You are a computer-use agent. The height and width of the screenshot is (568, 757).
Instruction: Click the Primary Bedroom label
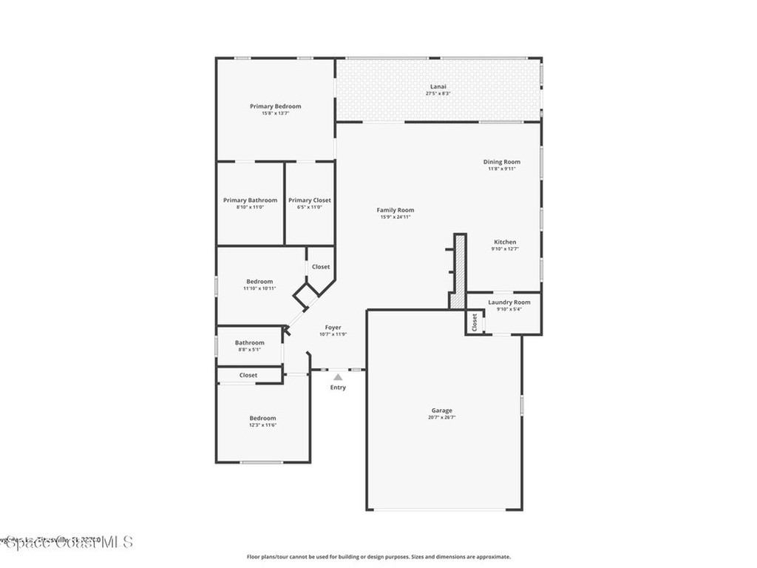tap(275, 106)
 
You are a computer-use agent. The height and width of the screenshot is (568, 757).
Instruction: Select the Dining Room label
tap(501, 162)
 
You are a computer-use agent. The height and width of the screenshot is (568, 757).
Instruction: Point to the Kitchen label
tap(505, 242)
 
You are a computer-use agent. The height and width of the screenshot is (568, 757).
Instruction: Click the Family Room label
tap(396, 210)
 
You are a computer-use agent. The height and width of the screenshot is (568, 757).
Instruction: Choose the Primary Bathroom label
tap(250, 200)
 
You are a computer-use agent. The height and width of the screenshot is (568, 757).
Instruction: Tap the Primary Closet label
tap(309, 200)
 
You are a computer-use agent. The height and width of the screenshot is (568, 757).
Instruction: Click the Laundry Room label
tap(509, 302)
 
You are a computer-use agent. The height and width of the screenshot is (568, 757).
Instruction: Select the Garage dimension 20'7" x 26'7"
tap(442, 417)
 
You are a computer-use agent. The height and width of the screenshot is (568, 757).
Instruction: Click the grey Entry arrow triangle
tap(338, 377)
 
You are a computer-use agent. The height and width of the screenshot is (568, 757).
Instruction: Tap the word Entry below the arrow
tap(338, 388)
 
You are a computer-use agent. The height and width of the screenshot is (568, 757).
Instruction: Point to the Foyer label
tap(333, 327)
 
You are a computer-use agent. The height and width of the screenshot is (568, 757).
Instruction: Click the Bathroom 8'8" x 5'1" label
tap(249, 342)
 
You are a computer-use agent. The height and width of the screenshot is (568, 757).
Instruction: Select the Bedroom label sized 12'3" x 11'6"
tap(262, 418)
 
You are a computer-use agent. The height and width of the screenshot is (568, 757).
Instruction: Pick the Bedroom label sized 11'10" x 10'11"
tap(259, 281)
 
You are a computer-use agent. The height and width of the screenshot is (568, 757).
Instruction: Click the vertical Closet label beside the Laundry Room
tap(475, 322)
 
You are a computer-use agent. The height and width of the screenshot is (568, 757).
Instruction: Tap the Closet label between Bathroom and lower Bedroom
tap(248, 375)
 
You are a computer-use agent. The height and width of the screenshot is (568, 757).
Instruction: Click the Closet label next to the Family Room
tap(320, 266)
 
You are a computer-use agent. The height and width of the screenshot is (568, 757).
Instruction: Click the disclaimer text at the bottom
tap(378, 557)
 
